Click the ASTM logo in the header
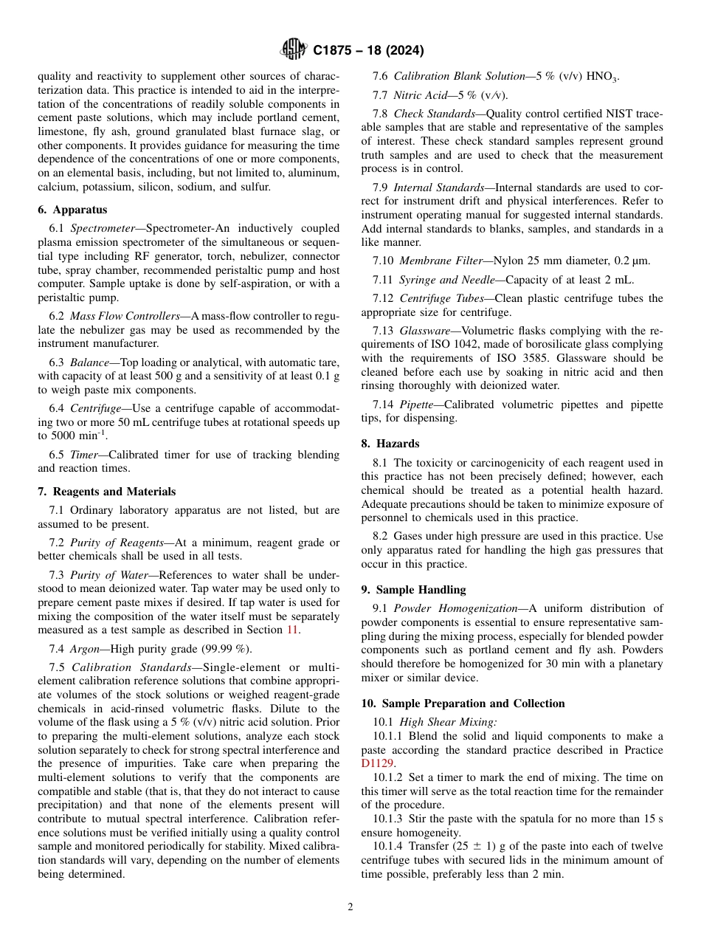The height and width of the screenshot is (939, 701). [294, 50]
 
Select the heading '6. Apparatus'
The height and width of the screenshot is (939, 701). [72, 210]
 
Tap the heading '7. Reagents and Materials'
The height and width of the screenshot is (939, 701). [107, 492]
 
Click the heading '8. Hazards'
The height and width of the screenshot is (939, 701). [390, 444]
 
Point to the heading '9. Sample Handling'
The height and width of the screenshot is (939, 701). [413, 590]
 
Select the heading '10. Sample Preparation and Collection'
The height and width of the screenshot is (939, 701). [463, 704]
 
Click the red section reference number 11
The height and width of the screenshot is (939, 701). [292, 630]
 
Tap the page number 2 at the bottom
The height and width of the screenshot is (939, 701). [350, 907]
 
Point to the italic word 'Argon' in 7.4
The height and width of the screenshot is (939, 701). [84, 649]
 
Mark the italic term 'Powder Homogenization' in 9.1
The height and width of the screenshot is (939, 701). [454, 608]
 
